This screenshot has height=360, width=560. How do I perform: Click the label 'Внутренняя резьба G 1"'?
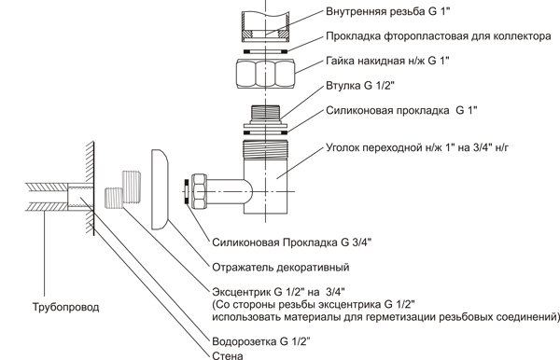388,11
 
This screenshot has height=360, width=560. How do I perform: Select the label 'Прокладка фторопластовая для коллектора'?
439,36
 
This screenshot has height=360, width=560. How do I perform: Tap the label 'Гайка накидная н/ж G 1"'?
387,61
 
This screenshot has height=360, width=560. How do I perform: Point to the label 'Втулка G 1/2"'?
360,86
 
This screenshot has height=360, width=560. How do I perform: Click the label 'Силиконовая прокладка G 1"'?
401,111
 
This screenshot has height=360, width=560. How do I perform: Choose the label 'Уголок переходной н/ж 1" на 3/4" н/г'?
417,147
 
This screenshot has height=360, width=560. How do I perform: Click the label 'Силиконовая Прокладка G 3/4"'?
292,242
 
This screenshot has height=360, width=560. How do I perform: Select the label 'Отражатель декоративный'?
281,268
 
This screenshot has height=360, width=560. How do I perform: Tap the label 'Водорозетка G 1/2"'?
260,341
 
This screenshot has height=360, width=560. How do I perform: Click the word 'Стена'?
228,355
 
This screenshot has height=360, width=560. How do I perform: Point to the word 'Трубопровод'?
65,307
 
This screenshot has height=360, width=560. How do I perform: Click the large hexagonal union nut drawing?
265,73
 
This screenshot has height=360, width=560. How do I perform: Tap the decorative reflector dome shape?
160,189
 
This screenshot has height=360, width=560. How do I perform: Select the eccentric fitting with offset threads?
123,189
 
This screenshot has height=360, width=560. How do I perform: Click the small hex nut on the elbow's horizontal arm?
198,191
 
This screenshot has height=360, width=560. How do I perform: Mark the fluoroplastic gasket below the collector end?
265,51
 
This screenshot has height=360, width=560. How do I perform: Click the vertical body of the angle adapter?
265,177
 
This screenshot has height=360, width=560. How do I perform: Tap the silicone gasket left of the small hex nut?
186,191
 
